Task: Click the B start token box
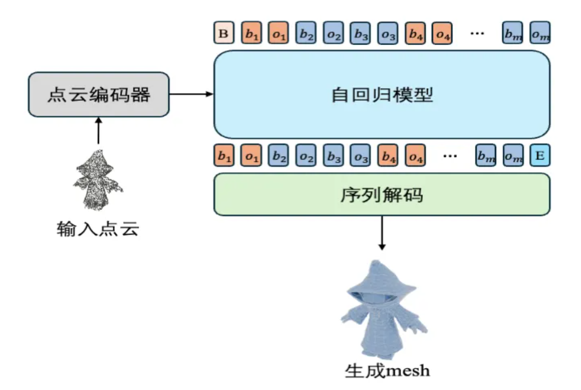(x=223, y=33)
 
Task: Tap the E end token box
(x=539, y=156)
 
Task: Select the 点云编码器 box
(x=99, y=95)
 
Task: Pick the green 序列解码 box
(x=381, y=194)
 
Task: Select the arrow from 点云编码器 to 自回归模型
(x=191, y=94)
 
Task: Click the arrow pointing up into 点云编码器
(x=99, y=130)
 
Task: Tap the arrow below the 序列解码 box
(x=381, y=233)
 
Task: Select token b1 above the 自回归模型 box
(x=251, y=33)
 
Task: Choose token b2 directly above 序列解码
(x=278, y=156)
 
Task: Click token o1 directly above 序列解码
(x=251, y=156)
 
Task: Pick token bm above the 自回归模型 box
(x=512, y=33)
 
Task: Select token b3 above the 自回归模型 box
(x=361, y=33)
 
